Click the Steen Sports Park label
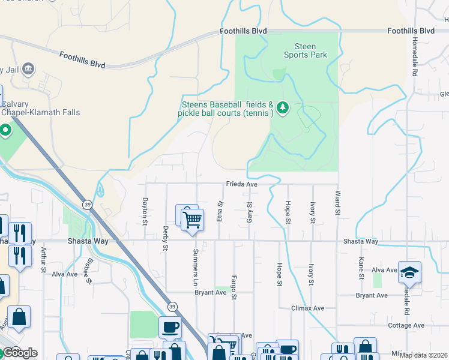306,50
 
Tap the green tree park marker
283,109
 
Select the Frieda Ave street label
241,184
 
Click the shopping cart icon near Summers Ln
191,220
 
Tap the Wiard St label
337,204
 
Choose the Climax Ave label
307,308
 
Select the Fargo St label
234,288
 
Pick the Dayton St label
145,212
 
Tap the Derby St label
165,239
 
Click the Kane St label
361,268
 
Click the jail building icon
28,70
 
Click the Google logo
19,353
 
